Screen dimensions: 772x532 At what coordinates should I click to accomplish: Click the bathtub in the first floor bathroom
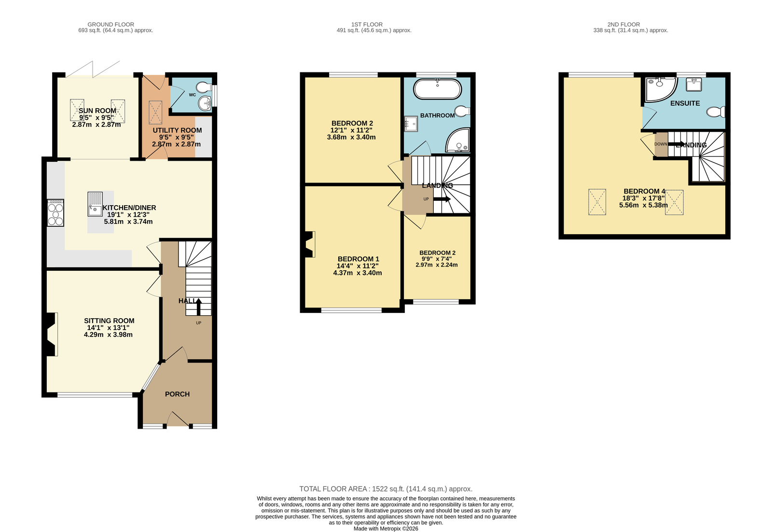tap(437, 89)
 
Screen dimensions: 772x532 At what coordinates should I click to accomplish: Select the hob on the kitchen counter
tap(55, 213)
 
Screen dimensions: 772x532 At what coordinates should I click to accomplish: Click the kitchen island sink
tap(95, 204)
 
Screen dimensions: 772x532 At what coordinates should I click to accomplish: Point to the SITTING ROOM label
tap(109, 321)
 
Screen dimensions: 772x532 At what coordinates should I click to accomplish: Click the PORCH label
tap(177, 394)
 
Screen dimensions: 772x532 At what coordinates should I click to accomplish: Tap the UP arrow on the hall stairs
tap(198, 307)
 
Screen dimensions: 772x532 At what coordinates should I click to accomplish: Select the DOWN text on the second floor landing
tap(661, 144)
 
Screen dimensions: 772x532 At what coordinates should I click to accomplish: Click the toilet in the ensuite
tap(716, 112)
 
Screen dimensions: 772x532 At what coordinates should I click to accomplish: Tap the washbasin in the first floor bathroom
tap(411, 124)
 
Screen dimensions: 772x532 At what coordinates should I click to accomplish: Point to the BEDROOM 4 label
tap(644, 191)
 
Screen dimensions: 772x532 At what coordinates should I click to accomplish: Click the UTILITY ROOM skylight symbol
tap(155, 112)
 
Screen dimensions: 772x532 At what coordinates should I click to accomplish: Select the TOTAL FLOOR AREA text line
tap(386, 489)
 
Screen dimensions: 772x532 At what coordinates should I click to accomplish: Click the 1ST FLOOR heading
tap(367, 25)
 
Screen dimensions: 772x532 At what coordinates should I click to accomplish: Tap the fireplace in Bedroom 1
tap(309, 244)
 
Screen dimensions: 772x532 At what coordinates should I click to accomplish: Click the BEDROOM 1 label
tap(358, 259)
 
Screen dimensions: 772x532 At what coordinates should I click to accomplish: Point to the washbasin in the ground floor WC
tap(205, 103)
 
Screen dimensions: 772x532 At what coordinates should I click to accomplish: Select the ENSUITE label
tap(685, 103)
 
